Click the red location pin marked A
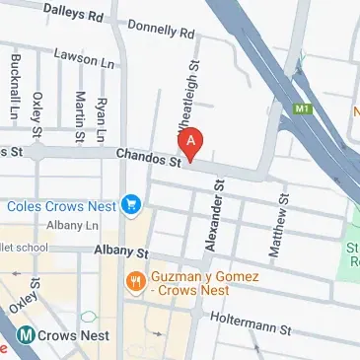[191, 142]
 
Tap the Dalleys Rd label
[74, 12]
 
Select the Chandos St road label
[148, 157]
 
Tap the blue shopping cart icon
[130, 205]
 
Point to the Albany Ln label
[80, 226]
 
